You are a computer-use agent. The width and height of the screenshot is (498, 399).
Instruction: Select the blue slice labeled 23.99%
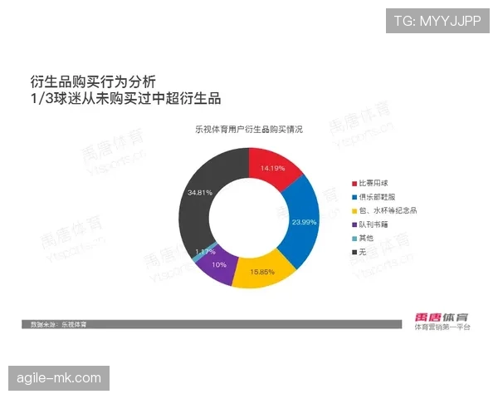pyautogui.click(x=300, y=223)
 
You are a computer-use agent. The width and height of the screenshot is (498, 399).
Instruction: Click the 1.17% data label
pyautogui.click(x=204, y=251)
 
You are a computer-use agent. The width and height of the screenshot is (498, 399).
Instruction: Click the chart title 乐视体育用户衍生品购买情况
pyautogui.click(x=249, y=131)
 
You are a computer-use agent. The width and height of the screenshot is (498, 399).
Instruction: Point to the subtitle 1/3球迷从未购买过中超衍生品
pyautogui.click(x=124, y=99)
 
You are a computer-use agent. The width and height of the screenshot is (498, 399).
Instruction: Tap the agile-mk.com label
pyautogui.click(x=59, y=378)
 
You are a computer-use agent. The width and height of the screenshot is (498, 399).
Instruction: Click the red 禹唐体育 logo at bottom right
pyautogui.click(x=442, y=317)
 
